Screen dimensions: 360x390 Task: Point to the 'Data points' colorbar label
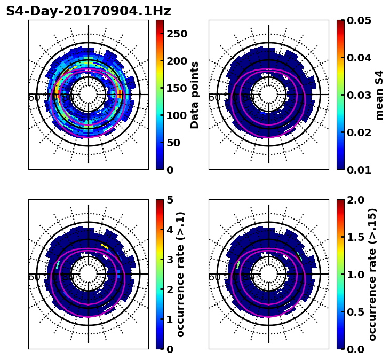(x=195, y=95)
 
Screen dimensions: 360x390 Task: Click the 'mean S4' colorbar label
(x=379, y=95)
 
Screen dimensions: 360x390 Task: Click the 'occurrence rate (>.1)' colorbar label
(x=181, y=274)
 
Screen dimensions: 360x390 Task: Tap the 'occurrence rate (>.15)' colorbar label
(x=373, y=274)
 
